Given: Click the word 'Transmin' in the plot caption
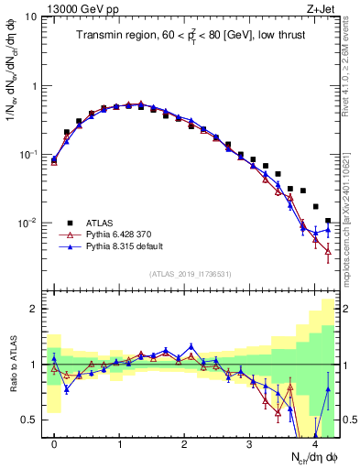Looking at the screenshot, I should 99,37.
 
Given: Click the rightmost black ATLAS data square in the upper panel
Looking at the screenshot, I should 328,221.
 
